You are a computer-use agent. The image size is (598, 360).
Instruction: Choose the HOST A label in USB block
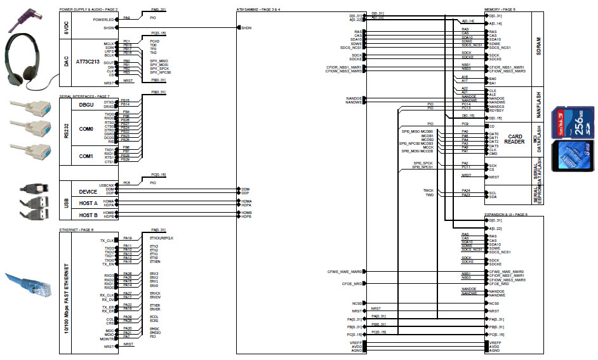(x=88, y=203)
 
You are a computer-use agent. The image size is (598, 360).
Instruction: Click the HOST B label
(x=88, y=215)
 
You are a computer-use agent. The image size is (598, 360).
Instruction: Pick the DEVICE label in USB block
(x=88, y=191)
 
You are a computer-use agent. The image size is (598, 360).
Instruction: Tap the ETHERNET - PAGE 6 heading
(x=77, y=229)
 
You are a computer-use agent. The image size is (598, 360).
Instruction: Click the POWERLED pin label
(x=103, y=19)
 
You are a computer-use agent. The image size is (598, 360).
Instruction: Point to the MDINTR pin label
(x=105, y=340)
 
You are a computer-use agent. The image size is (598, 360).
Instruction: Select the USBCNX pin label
(x=105, y=185)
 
